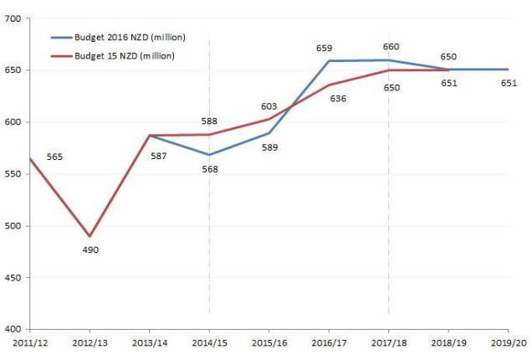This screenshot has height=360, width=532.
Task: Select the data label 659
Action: coord(324,49)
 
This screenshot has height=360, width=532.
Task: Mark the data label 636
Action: coord(339,99)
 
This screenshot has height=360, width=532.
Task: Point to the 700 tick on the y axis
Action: coord(13,18)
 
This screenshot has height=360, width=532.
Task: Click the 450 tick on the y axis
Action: coord(13,277)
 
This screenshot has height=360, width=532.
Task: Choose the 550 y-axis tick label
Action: coord(13,174)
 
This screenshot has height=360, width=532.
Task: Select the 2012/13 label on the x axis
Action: coord(90,343)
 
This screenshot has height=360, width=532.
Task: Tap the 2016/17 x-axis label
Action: coord(328,343)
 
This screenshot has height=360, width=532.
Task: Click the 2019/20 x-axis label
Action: coord(508,343)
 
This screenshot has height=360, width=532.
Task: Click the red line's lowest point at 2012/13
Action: coord(90,236)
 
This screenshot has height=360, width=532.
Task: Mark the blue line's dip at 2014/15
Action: coord(209,155)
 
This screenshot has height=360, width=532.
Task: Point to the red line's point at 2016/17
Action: coord(329,85)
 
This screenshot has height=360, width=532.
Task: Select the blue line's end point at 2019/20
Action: coord(508,69)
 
